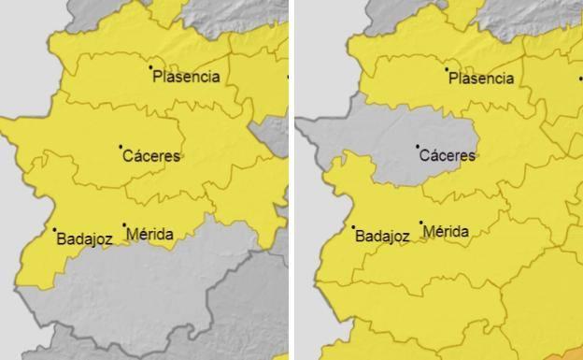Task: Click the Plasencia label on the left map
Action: tap(187, 77)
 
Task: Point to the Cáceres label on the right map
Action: tap(448, 155)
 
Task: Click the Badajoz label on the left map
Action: tap(85, 238)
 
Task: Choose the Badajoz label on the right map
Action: tap(383, 237)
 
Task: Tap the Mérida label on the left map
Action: tap(149, 234)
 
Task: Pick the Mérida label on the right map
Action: tap(447, 230)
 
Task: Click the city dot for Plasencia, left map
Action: tap(150, 66)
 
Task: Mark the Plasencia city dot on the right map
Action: tap(446, 69)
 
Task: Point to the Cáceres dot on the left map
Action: tap(121, 146)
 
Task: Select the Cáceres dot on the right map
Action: tap(418, 146)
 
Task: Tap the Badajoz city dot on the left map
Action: tap(54, 229)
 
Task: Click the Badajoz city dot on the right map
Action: tap(353, 227)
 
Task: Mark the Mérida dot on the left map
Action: tap(124, 224)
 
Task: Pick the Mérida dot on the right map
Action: tap(421, 223)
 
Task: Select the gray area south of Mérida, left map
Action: tap(149, 299)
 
